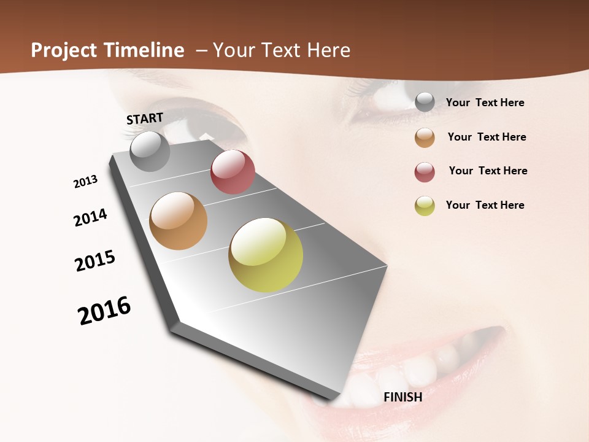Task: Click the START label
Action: (x=145, y=118)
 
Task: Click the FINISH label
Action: (x=403, y=397)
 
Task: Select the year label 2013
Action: (x=85, y=182)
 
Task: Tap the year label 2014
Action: (x=90, y=217)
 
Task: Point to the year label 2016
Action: (x=104, y=310)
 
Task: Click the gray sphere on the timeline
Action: (x=150, y=151)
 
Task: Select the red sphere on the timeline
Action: (x=233, y=172)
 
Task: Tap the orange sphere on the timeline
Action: (x=178, y=221)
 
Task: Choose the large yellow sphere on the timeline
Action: (x=266, y=255)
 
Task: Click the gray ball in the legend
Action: (x=425, y=103)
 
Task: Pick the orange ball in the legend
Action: (x=425, y=138)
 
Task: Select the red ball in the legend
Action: (x=425, y=172)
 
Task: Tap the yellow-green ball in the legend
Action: (x=425, y=206)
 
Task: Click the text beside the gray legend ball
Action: (x=485, y=103)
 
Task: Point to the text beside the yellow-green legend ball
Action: (x=485, y=205)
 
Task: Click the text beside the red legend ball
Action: (x=488, y=171)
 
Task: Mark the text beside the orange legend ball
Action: (x=487, y=137)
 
